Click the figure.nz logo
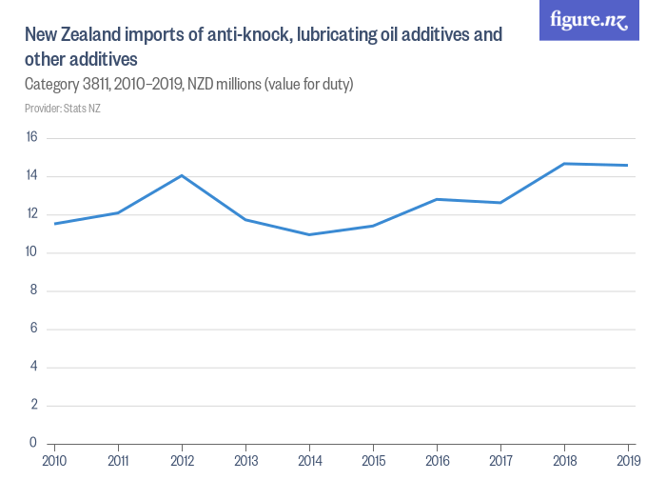588,21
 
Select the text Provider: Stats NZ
63,109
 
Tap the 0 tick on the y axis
33,443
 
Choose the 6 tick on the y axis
33,329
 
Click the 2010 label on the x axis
55,461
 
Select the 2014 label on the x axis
309,461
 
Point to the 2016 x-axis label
437,461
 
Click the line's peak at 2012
182,175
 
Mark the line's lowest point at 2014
309,234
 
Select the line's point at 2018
564,164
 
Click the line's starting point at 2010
55,224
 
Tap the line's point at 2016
437,199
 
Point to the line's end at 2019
628,166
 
